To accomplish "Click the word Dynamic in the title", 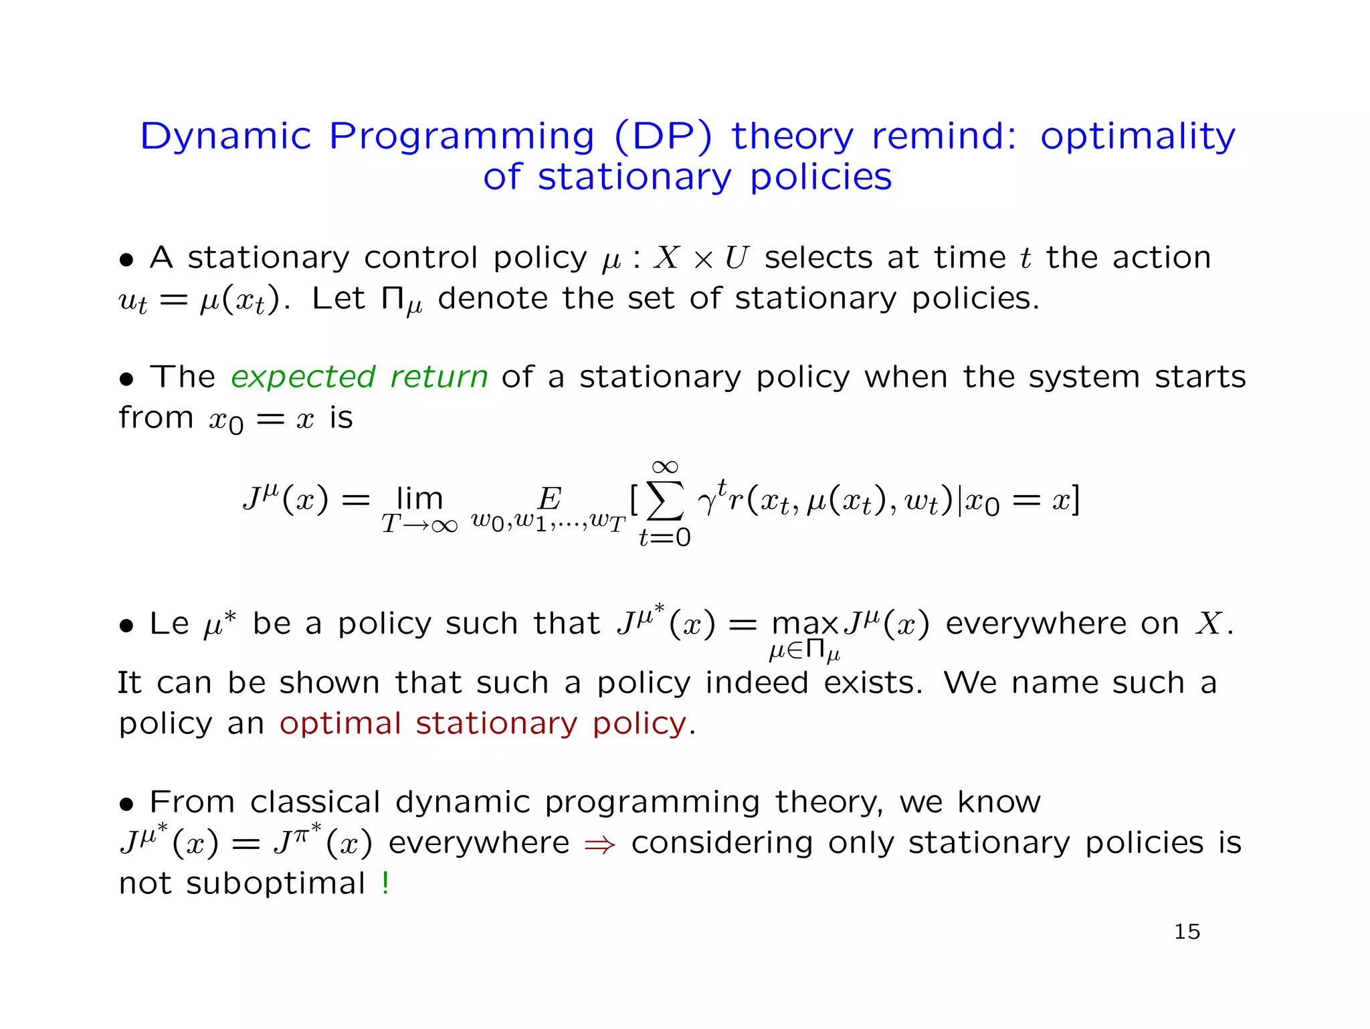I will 226,136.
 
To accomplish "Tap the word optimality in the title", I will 1137,136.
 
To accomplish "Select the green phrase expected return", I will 359,377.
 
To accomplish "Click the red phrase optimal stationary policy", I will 483,723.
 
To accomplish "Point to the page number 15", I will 1187,931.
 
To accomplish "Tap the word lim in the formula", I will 419,498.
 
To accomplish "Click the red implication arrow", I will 599,844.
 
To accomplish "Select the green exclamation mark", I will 386,882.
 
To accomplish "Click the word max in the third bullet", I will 805,624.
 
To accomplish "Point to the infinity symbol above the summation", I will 665,466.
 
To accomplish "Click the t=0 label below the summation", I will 665,537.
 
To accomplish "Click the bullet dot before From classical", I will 126,804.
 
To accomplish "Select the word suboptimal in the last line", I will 276,883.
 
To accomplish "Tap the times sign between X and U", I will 703,260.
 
